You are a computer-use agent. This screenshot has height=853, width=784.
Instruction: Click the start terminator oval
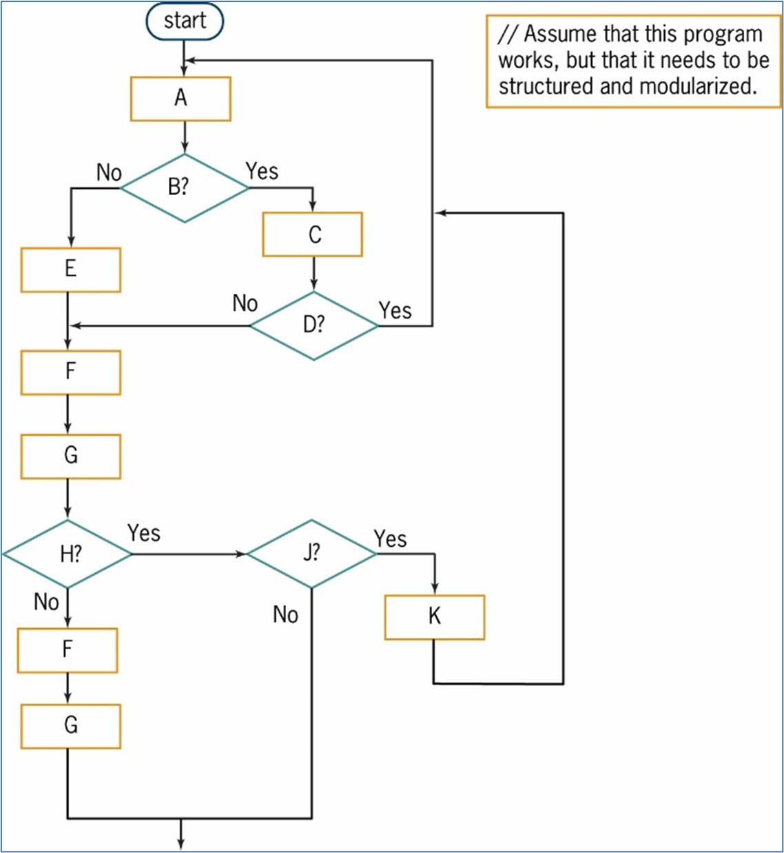tap(185, 21)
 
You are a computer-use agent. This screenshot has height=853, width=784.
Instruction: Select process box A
tap(180, 99)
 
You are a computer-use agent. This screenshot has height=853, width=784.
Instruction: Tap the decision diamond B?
tap(184, 188)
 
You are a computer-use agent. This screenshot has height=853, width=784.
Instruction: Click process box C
tap(313, 234)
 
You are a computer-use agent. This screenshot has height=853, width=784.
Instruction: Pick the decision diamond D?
tap(313, 325)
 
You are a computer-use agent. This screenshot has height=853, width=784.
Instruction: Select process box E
tap(70, 270)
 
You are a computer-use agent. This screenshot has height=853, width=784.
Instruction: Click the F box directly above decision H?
tap(70, 372)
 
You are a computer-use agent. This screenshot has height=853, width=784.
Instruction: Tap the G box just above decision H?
tap(70, 456)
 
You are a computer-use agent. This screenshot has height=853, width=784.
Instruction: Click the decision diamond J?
tap(311, 553)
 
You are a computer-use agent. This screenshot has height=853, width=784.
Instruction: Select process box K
tap(434, 617)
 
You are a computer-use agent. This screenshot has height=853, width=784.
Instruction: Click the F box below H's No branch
tap(68, 650)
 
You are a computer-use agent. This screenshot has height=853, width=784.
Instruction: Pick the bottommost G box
tap(70, 726)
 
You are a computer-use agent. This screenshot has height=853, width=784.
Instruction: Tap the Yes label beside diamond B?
tap(262, 171)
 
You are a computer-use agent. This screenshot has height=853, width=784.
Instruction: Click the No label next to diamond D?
tap(245, 303)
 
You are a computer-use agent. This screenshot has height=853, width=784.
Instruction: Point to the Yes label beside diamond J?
tap(390, 539)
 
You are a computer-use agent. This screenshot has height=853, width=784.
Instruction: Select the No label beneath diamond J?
tap(285, 614)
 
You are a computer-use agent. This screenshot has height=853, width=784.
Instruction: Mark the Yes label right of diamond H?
tap(143, 533)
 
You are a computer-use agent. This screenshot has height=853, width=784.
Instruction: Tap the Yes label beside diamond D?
tap(395, 311)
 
